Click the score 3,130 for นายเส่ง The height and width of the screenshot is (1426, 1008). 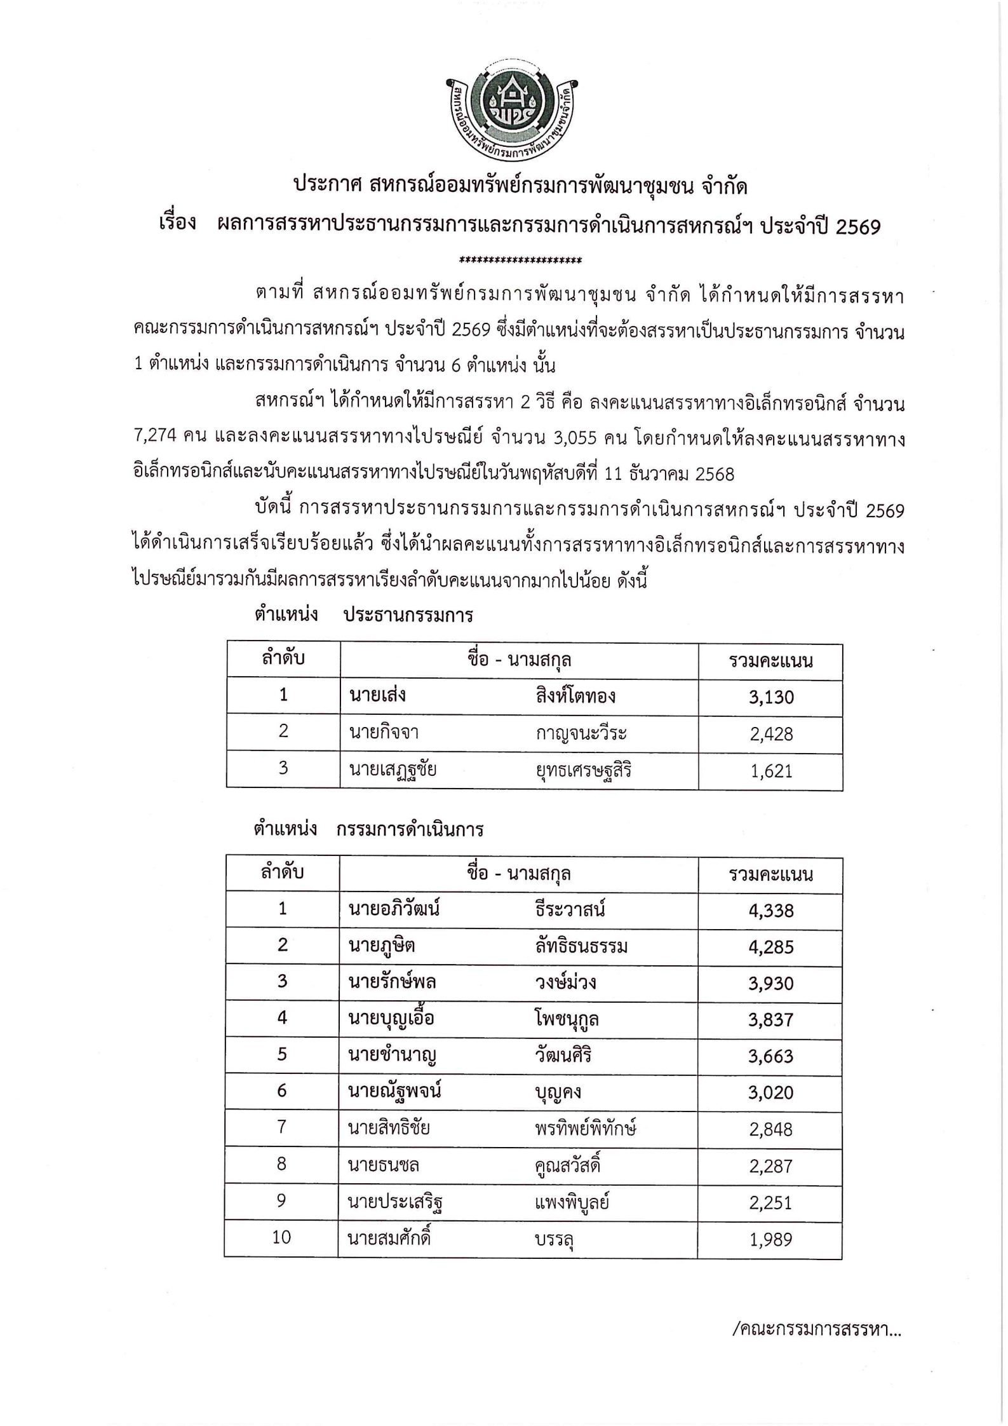click(x=770, y=697)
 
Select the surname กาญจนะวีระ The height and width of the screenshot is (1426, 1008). click(x=581, y=733)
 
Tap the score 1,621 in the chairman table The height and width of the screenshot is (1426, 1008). click(x=770, y=771)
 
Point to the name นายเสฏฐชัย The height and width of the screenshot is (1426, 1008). click(x=392, y=770)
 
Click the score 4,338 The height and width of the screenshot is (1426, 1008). click(x=770, y=911)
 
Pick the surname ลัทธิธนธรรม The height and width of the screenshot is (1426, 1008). click(x=581, y=947)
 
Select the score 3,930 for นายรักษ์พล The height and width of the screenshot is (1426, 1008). click(x=770, y=983)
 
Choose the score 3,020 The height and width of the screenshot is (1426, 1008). click(x=770, y=1092)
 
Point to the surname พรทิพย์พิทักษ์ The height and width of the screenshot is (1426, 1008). click(x=585, y=1129)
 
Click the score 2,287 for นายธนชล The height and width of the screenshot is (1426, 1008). click(x=770, y=1165)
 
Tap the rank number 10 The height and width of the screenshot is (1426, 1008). click(x=281, y=1237)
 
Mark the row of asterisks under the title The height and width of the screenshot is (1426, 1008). click(x=520, y=260)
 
